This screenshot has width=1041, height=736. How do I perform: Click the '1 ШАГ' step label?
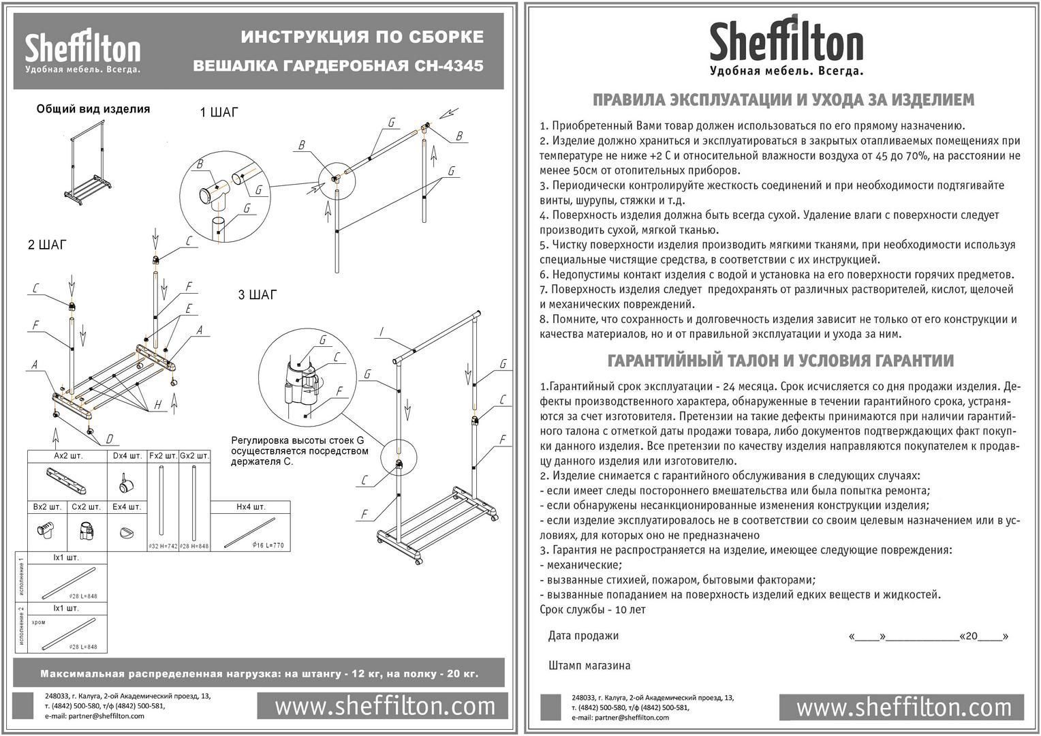[219, 112]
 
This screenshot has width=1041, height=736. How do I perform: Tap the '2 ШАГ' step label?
[47, 245]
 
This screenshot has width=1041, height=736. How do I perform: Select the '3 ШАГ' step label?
[258, 295]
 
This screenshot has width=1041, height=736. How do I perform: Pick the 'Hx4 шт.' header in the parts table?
[251, 506]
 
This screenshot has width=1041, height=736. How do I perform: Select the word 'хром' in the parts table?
[39, 622]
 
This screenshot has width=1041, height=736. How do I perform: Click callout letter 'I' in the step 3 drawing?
[382, 332]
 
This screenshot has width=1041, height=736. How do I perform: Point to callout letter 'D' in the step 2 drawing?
[109, 438]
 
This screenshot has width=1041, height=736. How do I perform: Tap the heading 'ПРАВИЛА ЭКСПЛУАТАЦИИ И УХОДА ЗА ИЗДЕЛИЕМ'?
[783, 100]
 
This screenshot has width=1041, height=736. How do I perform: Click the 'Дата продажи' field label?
[583, 636]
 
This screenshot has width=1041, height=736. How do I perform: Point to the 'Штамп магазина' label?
[589, 665]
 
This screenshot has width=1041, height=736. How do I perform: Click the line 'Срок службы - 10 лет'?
[592, 609]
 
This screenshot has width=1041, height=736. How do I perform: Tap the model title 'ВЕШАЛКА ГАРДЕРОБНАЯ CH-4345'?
[339, 66]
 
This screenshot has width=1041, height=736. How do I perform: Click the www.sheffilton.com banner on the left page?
[384, 706]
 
